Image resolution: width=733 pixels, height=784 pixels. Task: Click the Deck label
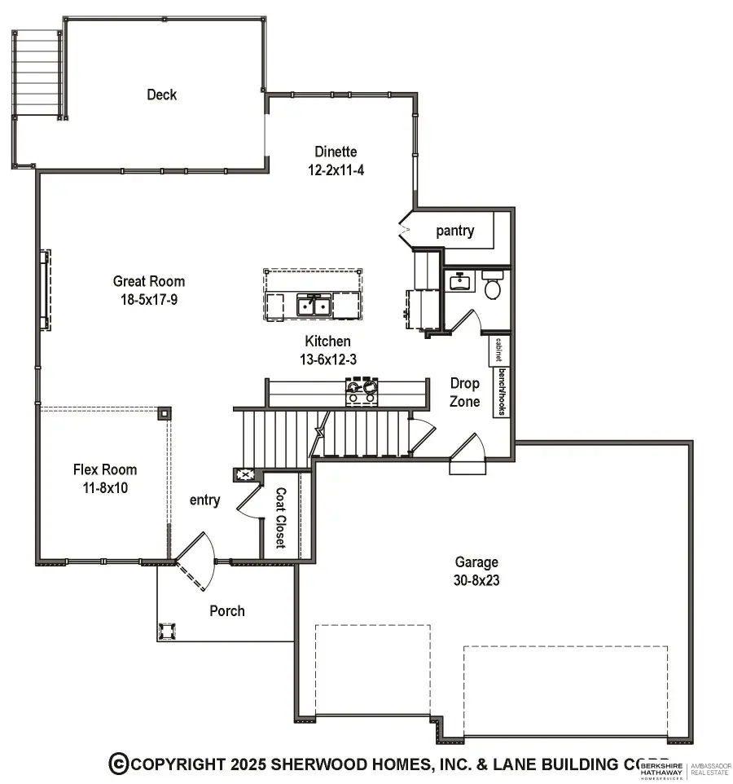pos(161,95)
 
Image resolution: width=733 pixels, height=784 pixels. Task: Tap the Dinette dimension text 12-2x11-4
pos(336,171)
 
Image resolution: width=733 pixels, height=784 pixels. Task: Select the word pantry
pos(454,231)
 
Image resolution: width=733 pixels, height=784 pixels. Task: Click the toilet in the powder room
pos(492,287)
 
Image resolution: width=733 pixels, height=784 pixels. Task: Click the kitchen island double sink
pos(313,306)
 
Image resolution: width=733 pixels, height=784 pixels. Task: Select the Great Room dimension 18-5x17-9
pos(149,299)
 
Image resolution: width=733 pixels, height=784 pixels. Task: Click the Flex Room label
pos(105,469)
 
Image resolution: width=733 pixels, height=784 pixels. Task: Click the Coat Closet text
pos(280,518)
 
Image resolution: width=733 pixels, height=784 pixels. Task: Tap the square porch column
pos(169,632)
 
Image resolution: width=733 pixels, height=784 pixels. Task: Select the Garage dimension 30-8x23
pos(476,582)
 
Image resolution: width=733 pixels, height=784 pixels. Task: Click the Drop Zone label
pos(465,392)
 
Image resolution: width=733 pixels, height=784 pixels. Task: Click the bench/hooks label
pos(502,392)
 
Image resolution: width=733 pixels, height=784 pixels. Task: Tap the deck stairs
pos(38,74)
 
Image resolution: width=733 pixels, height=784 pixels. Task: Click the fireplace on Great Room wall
pos(45,290)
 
